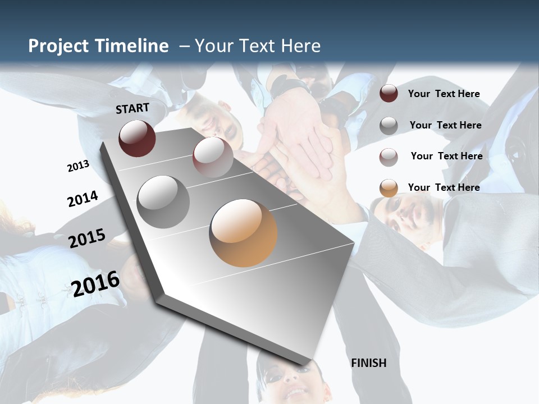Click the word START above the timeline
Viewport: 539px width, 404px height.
coord(133,108)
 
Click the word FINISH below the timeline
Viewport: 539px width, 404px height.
coord(369,363)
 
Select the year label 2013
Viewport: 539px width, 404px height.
coord(78,166)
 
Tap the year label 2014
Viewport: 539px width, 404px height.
coord(83,199)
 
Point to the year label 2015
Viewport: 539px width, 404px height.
coord(87,238)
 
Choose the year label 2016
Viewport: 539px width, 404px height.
coord(95,284)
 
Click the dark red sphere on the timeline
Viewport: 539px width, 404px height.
coord(137,138)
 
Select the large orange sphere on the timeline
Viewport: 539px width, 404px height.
coord(243,233)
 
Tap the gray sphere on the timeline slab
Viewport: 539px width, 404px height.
coord(163,201)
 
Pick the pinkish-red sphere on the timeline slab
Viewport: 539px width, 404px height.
coord(213,157)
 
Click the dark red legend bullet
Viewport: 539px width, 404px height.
coord(389,94)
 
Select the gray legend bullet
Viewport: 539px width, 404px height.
coord(389,126)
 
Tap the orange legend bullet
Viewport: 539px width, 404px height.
coord(389,188)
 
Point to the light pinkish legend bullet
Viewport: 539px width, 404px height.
coord(389,157)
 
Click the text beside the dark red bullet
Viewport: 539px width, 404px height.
coord(444,94)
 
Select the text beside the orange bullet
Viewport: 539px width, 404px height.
coord(444,187)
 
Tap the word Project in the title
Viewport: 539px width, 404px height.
coord(59,46)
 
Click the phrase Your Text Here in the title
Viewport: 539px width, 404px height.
coord(257,46)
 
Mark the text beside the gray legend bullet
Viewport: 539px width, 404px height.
coord(445,125)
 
